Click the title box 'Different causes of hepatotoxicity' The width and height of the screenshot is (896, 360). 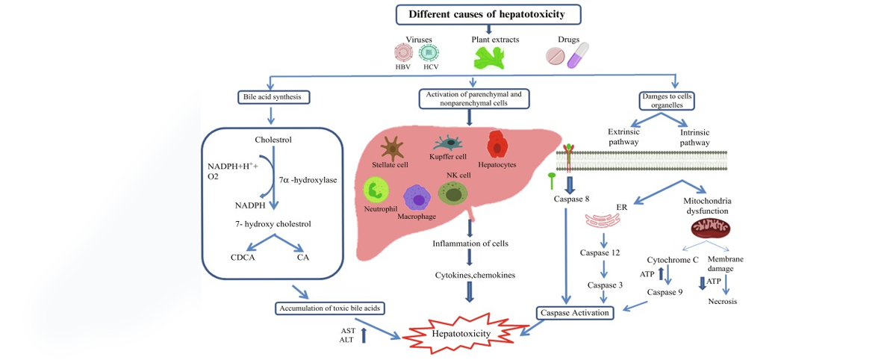488,14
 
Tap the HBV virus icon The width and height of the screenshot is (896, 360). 403,52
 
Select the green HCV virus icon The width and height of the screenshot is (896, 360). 429,52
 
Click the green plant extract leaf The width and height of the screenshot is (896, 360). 489,58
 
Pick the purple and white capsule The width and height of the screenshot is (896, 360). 578,55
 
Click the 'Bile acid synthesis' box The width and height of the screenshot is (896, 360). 273,97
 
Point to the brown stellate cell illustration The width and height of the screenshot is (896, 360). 392,148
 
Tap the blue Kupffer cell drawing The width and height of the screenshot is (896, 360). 448,143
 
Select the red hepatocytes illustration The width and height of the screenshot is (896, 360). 497,144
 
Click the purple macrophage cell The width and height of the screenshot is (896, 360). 417,198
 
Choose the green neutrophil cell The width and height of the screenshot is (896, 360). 376,190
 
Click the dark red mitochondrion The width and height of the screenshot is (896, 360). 711,229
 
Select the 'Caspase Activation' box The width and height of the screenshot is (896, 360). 575,313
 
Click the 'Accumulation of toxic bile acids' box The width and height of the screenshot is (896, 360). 330,308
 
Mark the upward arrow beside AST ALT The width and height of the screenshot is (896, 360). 364,335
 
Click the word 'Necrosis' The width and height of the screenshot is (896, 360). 723,302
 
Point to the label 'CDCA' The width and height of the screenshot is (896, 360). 243,257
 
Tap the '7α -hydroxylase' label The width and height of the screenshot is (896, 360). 308,180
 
